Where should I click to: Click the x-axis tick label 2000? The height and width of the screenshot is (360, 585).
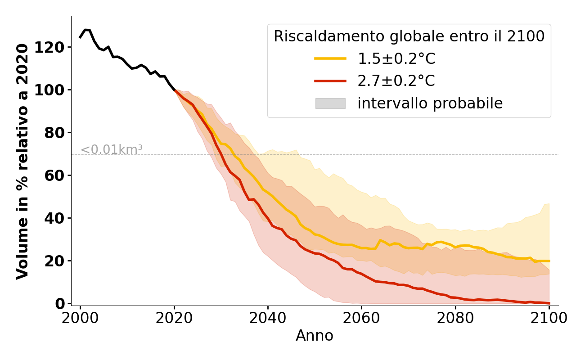point(81,318)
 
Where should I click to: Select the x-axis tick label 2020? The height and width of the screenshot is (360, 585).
point(174,318)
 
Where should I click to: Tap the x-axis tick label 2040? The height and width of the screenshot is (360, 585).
point(268,318)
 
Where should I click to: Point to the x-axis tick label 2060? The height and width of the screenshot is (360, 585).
point(361,318)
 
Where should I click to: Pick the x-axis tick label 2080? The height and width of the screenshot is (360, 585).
point(455,318)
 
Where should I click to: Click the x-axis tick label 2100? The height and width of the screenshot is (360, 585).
point(549,318)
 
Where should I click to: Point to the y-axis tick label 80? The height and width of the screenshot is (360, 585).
point(54,133)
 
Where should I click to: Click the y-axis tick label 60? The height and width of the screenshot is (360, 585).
point(54,175)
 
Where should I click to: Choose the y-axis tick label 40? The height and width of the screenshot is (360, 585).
point(54,218)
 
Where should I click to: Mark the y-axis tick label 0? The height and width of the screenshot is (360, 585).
point(60,304)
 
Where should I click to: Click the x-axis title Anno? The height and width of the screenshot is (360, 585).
point(315,336)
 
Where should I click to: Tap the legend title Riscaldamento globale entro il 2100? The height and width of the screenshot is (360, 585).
point(409,36)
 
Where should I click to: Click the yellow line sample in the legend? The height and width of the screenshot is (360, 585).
point(330,58)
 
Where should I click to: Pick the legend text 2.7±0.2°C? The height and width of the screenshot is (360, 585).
point(396,81)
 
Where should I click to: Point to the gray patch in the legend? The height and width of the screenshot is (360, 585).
point(330,103)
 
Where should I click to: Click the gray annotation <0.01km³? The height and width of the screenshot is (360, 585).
point(111,150)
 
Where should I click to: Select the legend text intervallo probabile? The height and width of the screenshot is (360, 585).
point(430,103)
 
